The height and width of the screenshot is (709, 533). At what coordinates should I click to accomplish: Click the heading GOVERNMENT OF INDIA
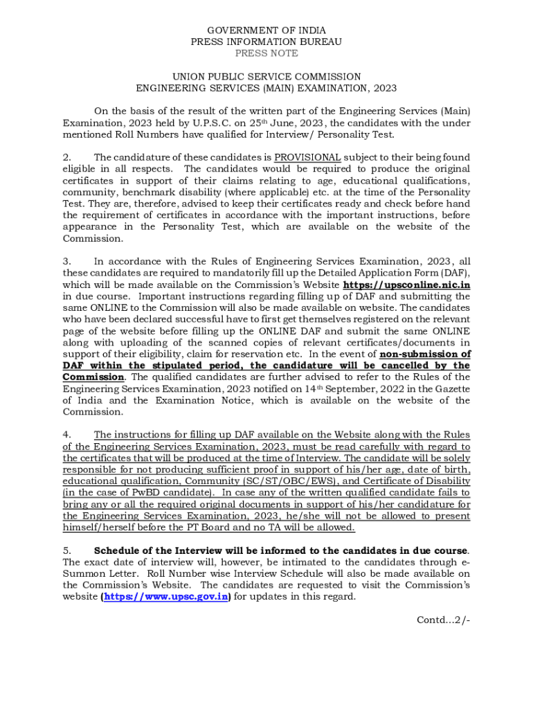[266, 30]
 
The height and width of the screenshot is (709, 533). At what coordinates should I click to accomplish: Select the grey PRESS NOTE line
[266, 53]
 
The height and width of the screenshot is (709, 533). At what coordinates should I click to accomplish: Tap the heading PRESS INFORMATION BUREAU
[266, 42]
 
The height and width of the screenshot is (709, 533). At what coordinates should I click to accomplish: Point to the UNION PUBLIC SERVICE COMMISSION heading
[266, 77]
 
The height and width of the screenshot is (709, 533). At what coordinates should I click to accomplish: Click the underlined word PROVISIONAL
[307, 157]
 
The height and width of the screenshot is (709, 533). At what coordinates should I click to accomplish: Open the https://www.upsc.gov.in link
[165, 597]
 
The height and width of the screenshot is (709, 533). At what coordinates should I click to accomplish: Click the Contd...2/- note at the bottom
[443, 620]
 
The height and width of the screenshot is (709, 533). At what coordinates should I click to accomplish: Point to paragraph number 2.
[67, 157]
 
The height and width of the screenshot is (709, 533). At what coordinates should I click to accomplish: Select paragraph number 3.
[67, 262]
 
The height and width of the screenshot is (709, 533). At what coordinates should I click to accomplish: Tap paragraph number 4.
[67, 435]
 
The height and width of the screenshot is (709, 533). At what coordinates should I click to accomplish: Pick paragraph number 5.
[67, 550]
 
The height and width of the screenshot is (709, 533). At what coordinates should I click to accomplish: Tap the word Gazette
[453, 388]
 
